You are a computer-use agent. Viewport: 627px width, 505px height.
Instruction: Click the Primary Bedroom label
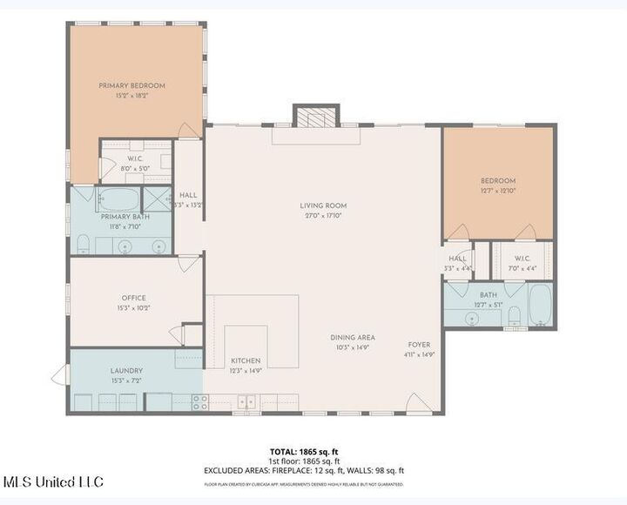pyautogui.click(x=131, y=85)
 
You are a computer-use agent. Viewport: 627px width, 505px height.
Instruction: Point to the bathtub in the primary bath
pyautogui.click(x=118, y=199)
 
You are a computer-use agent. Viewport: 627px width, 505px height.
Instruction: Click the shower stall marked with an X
pyautogui.click(x=156, y=199)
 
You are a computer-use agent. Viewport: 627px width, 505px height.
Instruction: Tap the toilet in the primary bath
pyautogui.click(x=82, y=243)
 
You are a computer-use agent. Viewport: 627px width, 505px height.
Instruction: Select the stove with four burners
pyautogui.click(x=199, y=401)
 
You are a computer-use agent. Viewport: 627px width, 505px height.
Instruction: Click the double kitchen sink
pyautogui.click(x=247, y=401)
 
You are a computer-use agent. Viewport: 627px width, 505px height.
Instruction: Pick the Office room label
pyautogui.click(x=133, y=298)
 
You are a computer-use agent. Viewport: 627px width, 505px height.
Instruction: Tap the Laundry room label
pyautogui.click(x=126, y=371)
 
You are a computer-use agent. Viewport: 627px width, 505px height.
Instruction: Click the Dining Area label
pyautogui.click(x=352, y=338)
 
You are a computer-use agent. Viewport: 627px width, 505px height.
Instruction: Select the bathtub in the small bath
pyautogui.click(x=539, y=305)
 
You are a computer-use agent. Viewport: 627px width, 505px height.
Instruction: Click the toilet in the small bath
pyautogui.click(x=514, y=314)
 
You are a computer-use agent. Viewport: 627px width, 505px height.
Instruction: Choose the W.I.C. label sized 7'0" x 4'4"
pyautogui.click(x=522, y=259)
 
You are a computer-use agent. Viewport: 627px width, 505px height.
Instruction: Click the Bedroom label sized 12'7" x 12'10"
pyautogui.click(x=498, y=181)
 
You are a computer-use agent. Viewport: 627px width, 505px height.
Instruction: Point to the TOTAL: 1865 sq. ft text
pyautogui.click(x=303, y=451)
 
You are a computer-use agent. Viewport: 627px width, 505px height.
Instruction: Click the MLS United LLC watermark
pyautogui.click(x=53, y=481)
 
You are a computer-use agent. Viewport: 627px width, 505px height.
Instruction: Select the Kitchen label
pyautogui.click(x=246, y=360)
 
